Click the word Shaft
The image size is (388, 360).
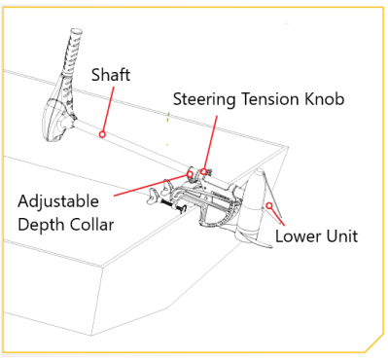[x=111, y=75]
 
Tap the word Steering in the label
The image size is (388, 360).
[x=203, y=99]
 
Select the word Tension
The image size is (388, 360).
[x=269, y=98]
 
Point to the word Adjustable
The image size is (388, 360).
[x=58, y=202]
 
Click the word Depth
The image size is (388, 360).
[x=41, y=225]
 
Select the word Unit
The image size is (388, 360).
[x=342, y=235]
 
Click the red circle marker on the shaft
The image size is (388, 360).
[x=102, y=134]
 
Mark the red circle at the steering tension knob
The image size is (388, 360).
[x=203, y=171]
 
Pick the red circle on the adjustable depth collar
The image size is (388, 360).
[x=190, y=174]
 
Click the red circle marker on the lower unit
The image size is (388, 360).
[x=269, y=205]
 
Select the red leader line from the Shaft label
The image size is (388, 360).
[x=108, y=109]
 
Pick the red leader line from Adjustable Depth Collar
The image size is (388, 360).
[x=151, y=185]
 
